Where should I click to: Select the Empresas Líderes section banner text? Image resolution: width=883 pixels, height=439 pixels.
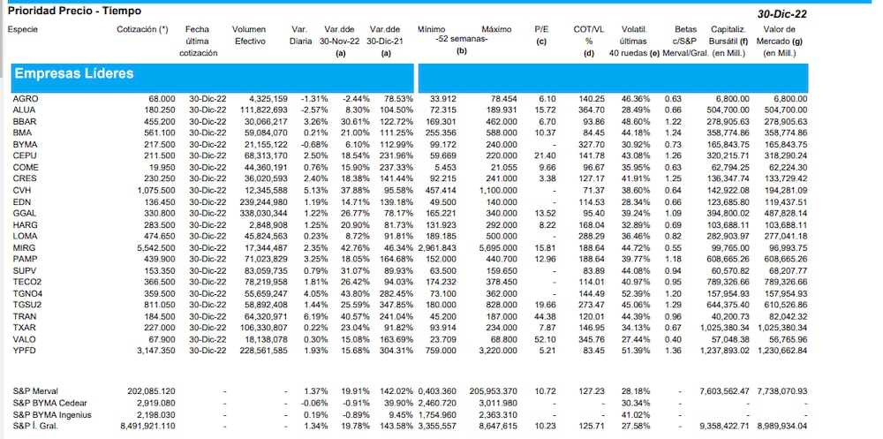tap(73, 73)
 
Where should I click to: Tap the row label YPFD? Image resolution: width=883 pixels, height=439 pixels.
tap(25, 351)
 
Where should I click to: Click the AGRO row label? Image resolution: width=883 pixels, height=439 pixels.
tap(25, 98)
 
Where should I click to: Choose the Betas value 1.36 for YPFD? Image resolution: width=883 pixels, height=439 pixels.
tap(673, 351)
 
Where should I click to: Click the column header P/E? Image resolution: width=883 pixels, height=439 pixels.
tap(541, 29)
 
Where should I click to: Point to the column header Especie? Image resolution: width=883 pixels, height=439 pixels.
tap(23, 29)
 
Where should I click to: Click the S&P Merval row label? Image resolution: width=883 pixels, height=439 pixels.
tap(36, 390)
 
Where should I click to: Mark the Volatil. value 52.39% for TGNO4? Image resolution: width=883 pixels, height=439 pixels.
tap(637, 293)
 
